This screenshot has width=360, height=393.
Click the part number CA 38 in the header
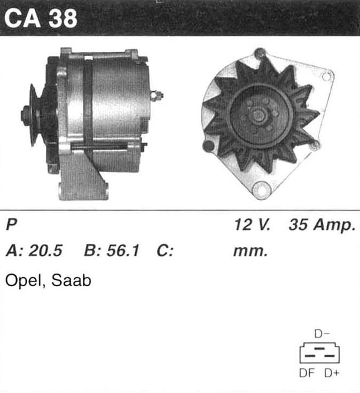(41, 19)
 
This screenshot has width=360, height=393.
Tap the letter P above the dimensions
(12, 224)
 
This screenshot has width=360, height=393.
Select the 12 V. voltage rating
(253, 224)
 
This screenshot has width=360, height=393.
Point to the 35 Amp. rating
(323, 225)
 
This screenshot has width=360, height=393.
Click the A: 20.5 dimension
(34, 250)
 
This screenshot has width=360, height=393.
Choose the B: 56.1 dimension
(112, 250)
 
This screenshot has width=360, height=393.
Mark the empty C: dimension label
(165, 250)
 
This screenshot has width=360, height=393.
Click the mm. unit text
(251, 251)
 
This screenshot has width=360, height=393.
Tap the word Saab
(71, 280)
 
